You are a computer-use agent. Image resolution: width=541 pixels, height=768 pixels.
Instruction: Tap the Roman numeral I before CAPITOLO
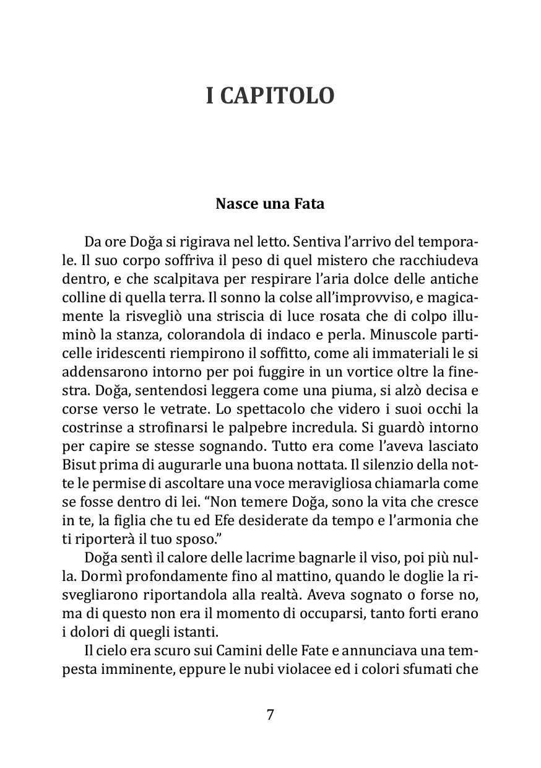point(210,96)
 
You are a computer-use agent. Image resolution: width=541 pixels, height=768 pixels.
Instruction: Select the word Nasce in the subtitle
point(233,204)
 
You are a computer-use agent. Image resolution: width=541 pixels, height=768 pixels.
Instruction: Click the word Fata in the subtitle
point(310,204)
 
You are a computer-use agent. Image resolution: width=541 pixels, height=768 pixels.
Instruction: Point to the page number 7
point(270,715)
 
